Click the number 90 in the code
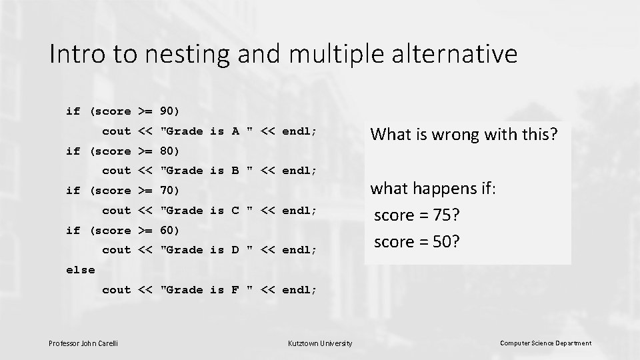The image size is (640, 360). point(168,111)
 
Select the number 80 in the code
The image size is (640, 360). point(168,151)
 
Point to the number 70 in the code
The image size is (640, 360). point(168,191)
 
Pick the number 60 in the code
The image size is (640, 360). point(168,231)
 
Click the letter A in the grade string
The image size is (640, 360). point(235,131)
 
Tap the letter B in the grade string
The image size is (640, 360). point(235,171)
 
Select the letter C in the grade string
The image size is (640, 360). point(235,211)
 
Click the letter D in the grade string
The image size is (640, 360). point(235,250)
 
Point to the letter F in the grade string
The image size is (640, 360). point(235,290)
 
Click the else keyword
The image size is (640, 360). point(80,270)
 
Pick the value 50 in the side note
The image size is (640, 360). point(441,242)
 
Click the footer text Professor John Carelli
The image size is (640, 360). point(83,343)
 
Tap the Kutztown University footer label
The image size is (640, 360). point(319,343)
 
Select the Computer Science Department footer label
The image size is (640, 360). point(545,343)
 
